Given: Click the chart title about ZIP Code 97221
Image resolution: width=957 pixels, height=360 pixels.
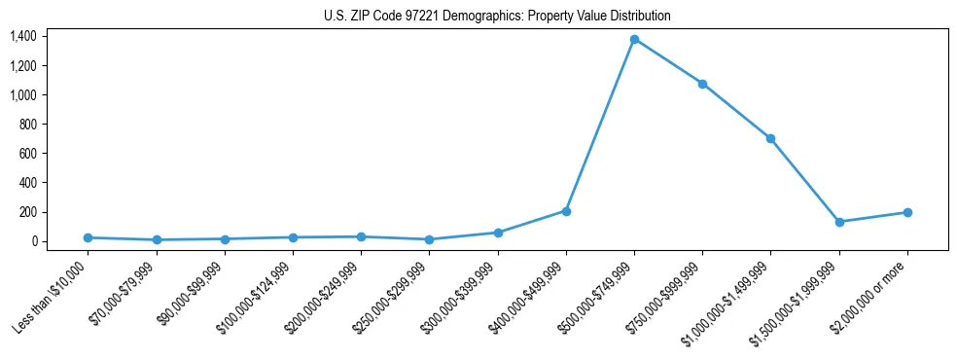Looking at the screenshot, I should [497, 17].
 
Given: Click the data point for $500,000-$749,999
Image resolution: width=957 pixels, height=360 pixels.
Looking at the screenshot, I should [634, 39].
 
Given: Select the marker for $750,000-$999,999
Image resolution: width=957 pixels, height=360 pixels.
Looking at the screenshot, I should [702, 84].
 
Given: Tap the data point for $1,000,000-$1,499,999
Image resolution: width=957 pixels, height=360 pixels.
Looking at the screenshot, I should [770, 138].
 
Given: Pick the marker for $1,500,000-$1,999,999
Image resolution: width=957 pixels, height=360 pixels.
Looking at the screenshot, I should [839, 222].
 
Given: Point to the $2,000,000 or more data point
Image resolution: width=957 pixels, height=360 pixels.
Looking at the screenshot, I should [907, 212].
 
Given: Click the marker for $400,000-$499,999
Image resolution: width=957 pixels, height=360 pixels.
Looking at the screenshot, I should [566, 211].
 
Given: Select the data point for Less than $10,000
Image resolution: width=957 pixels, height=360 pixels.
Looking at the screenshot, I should [89, 237].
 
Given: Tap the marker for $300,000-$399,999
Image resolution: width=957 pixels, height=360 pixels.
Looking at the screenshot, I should [498, 233].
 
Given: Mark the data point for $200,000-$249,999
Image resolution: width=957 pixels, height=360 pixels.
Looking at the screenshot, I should [361, 236].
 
